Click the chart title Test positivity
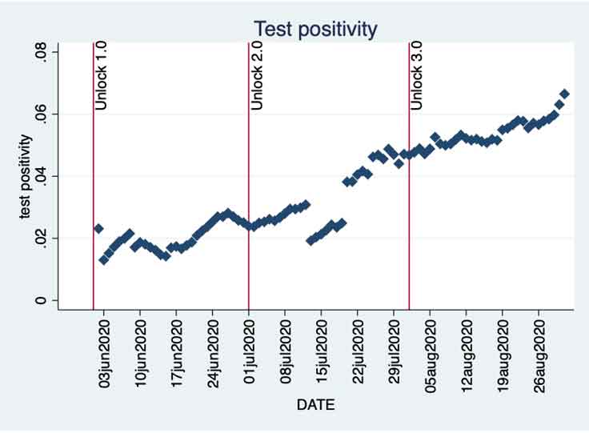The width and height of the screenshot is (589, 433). coord(315,30)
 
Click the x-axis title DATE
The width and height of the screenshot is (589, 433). coord(315,405)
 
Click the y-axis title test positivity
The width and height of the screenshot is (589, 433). coord(26,177)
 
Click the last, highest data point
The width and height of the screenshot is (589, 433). coord(564,94)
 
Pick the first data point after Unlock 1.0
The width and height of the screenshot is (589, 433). coord(98,229)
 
